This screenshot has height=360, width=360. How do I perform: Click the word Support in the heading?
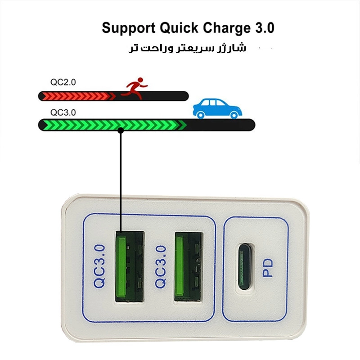[127, 28]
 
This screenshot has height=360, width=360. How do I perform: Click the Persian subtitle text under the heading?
[187, 48]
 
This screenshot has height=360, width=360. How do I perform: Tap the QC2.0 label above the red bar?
[63, 82]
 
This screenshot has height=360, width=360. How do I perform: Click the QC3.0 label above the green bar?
[63, 112]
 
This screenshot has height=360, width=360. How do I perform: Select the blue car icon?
[217, 108]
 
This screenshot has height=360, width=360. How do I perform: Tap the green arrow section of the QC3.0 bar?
[112, 125]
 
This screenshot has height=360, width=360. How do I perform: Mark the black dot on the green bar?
[121, 130]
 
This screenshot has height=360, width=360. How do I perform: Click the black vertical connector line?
[121, 180]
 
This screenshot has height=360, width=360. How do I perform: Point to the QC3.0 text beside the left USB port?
[99, 266]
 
